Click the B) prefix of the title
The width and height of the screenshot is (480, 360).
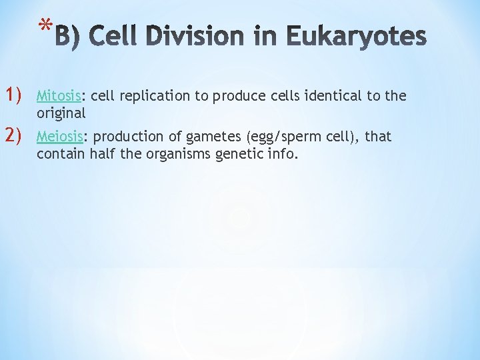[x=67, y=37]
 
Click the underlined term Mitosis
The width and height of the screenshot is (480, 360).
[x=59, y=95]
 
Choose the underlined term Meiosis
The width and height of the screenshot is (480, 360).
[x=60, y=137]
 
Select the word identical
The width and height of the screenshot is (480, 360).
[x=331, y=95]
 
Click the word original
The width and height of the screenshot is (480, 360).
[x=61, y=114]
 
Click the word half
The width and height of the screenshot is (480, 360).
[x=101, y=155]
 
